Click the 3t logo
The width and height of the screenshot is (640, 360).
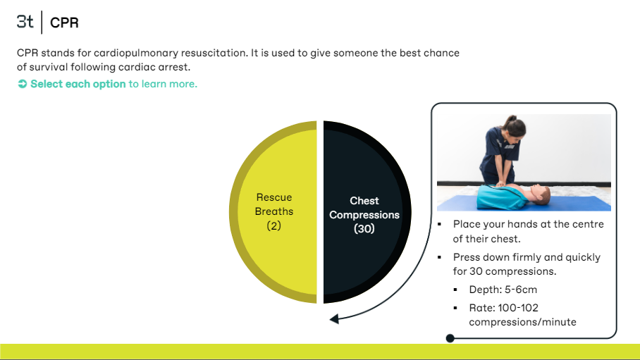click(25, 22)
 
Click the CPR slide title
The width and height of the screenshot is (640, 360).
click(64, 23)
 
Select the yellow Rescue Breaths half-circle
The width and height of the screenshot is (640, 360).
click(273, 212)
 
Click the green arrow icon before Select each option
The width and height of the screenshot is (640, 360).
click(23, 84)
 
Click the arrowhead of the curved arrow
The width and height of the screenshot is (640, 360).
click(334, 318)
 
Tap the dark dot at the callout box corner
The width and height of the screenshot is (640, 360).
click(450, 338)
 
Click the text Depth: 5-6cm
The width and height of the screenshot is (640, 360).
click(503, 290)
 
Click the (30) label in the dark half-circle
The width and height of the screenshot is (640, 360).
click(364, 228)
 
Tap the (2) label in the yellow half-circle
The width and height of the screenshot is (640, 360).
click(274, 225)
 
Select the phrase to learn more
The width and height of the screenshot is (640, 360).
click(163, 84)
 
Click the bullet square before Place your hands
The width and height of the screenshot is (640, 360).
click(440, 224)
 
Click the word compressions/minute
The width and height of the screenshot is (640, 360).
click(522, 322)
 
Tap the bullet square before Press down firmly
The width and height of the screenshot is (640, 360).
click(440, 257)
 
